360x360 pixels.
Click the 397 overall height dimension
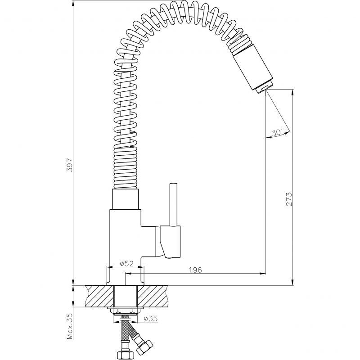click(x=69, y=165)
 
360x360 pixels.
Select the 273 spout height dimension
click(x=289, y=199)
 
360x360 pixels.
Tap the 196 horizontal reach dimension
click(x=195, y=270)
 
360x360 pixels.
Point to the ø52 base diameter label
click(x=126, y=263)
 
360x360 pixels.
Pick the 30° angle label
click(x=277, y=133)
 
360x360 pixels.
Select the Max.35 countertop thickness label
click(x=70, y=326)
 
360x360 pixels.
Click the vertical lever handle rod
click(x=173, y=205)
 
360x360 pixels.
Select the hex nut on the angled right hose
click(x=144, y=347)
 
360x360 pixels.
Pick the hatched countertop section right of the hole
click(x=153, y=296)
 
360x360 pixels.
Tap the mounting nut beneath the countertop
click(x=126, y=311)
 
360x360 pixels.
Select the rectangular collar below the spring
click(x=126, y=199)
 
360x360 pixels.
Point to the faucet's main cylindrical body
click(x=126, y=247)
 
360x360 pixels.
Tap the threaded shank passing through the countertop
click(x=126, y=296)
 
